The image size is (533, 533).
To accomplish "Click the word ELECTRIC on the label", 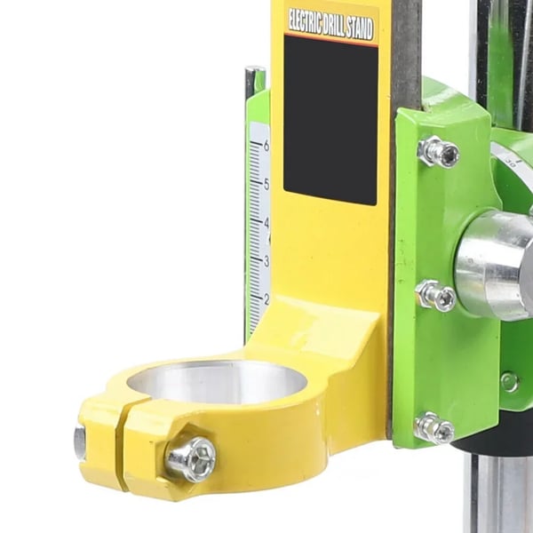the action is tap(305, 22).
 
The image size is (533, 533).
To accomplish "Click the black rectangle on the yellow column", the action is tap(330, 120).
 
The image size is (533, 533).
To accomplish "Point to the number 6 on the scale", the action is tap(266, 146).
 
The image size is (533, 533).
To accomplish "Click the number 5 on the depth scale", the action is tap(266, 184).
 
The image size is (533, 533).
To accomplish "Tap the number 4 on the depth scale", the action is tap(266, 223).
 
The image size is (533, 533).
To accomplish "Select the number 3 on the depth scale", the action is tap(266, 261).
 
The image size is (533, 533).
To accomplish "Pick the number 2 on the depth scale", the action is tap(266, 299).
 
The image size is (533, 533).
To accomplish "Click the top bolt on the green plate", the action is tap(439, 152).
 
